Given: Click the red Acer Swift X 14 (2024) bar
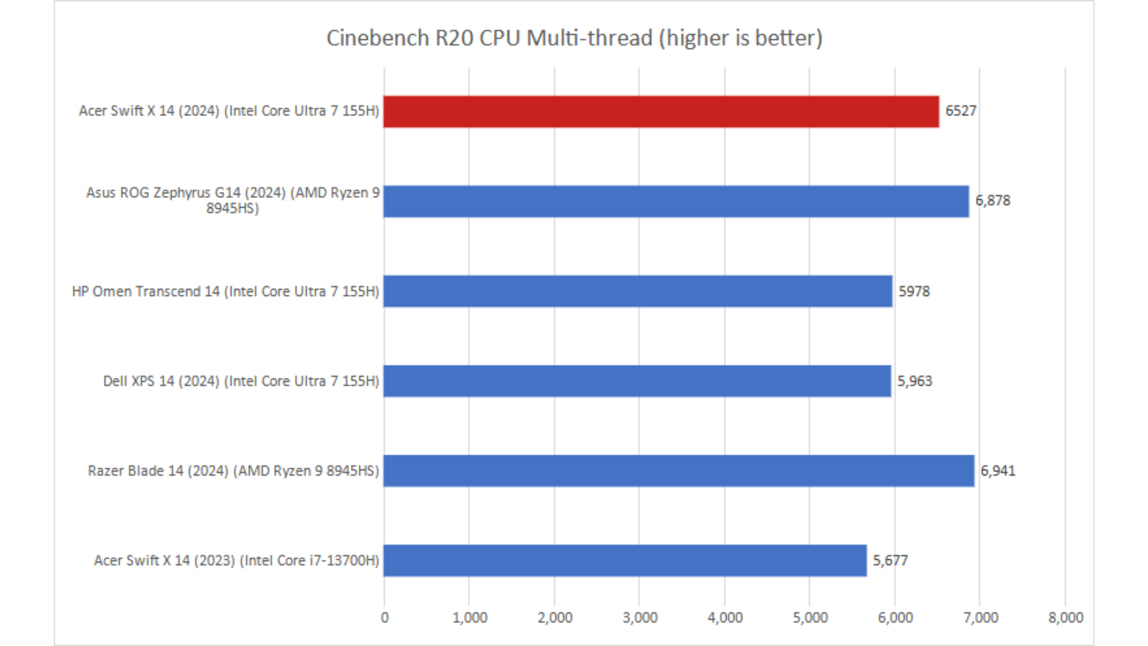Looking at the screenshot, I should (x=661, y=111).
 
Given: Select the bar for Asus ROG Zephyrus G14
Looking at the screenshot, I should (x=676, y=201).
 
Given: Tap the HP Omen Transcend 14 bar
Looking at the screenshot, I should (x=637, y=291).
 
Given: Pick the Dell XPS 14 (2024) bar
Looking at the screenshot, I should (x=637, y=381).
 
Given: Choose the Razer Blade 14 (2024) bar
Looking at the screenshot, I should (x=679, y=471).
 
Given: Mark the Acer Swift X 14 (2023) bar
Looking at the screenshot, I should (x=625, y=560).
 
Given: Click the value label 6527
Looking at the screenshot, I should (x=960, y=111).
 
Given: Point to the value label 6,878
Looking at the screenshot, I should (x=993, y=201).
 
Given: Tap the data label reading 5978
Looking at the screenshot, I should (x=914, y=291).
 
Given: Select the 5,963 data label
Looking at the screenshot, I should (x=914, y=381).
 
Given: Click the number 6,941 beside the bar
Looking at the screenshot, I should (x=997, y=471).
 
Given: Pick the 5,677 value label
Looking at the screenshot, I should (x=890, y=560).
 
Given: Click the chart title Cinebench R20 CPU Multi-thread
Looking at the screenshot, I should (x=574, y=38).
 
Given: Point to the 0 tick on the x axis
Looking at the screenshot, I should (x=384, y=618).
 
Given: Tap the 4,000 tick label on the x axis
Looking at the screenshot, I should (x=725, y=618).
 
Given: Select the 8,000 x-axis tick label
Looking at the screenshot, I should (x=1065, y=618).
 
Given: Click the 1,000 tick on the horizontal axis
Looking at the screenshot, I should (x=469, y=618).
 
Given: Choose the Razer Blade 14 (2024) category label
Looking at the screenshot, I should (x=233, y=471).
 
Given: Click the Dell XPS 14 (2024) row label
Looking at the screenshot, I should (x=241, y=381).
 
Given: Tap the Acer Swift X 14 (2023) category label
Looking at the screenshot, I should (x=236, y=560).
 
